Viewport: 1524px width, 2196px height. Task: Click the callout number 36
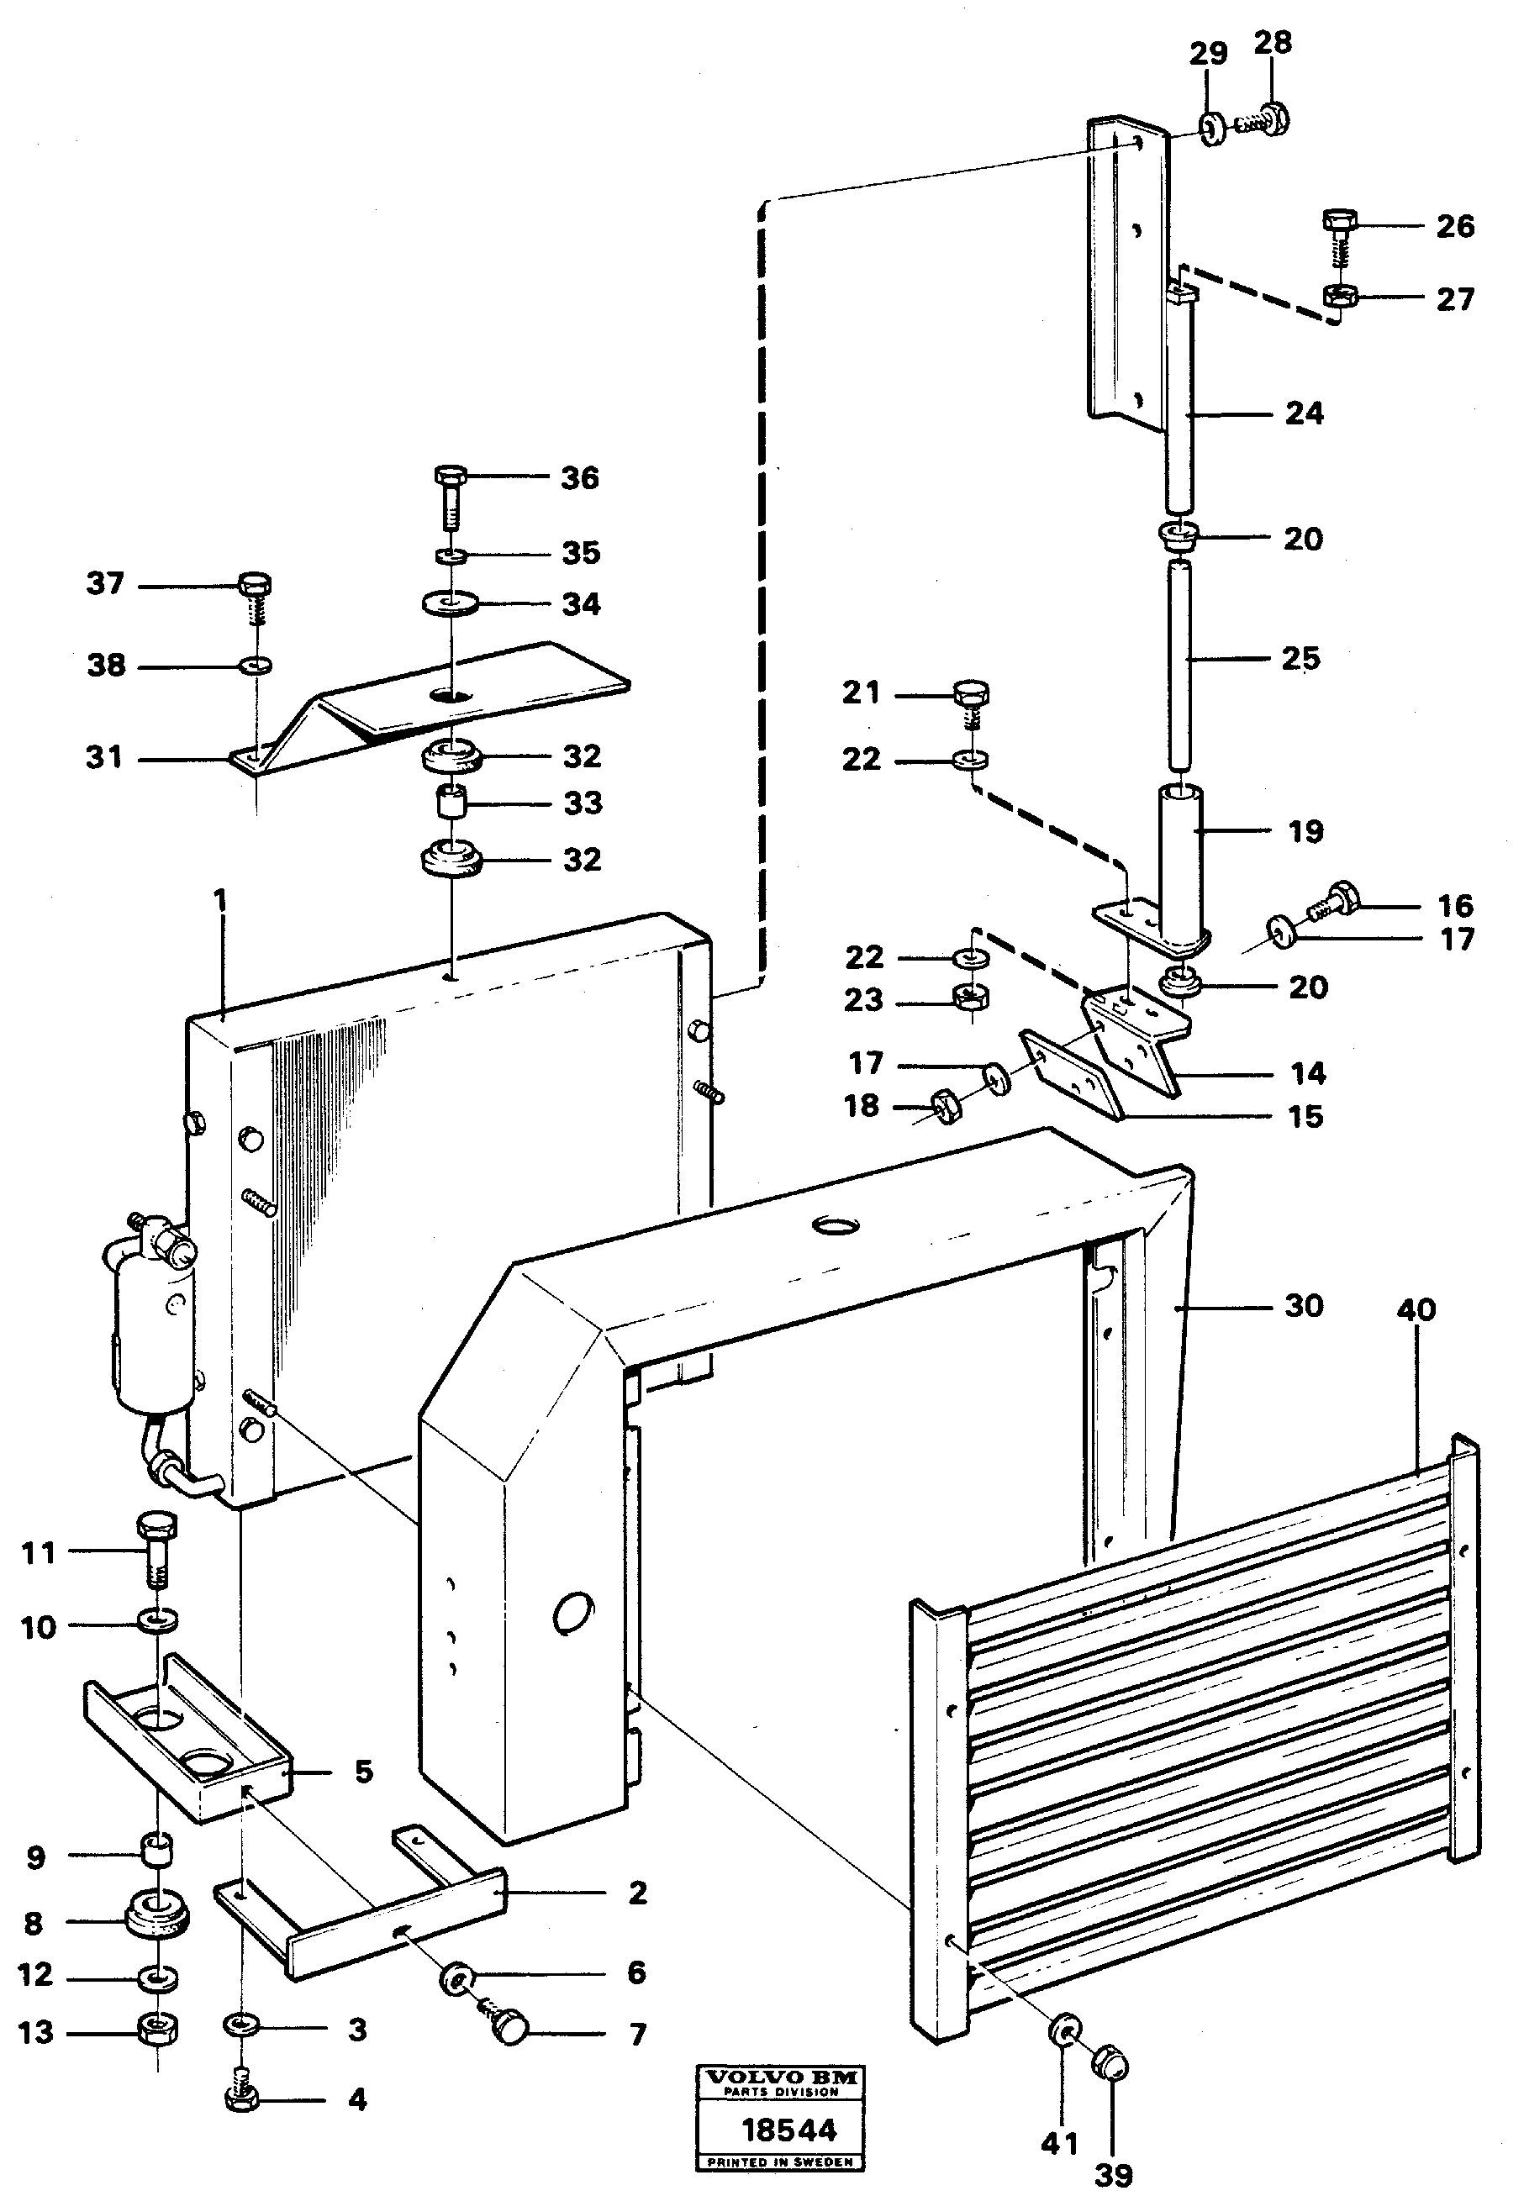point(580,477)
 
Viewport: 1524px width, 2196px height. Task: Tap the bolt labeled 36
point(450,497)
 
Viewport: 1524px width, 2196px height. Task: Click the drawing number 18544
point(788,2130)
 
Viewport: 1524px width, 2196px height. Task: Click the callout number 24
point(1305,413)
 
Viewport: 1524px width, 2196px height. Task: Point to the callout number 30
point(1305,1305)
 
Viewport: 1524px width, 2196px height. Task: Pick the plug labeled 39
point(1110,2064)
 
